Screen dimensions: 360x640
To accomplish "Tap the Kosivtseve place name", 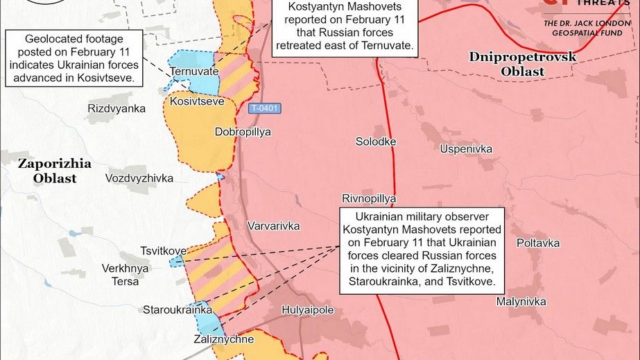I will [x=197, y=101].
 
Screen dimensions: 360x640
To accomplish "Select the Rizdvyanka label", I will [x=116, y=108].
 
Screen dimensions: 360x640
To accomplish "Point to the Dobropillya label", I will [x=243, y=131].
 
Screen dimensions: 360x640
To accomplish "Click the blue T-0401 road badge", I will [x=265, y=108].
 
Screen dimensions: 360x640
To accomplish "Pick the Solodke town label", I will [x=376, y=142].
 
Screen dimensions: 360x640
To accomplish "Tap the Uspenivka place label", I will [x=466, y=148].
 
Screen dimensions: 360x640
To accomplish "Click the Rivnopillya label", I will [x=368, y=198].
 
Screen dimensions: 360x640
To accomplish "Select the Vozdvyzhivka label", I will [x=139, y=178].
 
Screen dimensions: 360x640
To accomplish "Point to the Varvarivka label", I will [x=273, y=226].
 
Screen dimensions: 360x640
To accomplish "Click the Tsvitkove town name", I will [x=163, y=250].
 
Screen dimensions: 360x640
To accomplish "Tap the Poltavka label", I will [x=538, y=243].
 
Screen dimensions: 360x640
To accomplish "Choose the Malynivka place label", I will [x=521, y=302].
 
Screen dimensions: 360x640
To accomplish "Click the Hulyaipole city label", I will [x=309, y=310].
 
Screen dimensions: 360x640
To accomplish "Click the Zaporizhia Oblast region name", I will [x=54, y=171].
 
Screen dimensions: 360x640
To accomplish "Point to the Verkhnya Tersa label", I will [x=125, y=275].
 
